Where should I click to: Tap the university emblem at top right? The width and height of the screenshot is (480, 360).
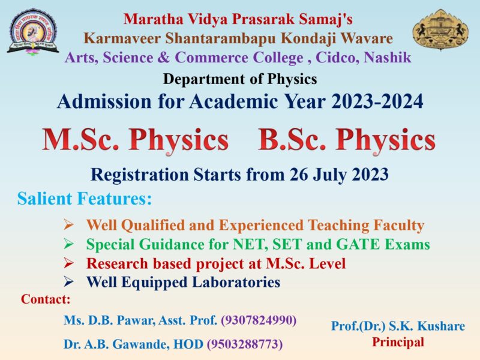[441, 29]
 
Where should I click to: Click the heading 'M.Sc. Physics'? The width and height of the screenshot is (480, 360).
[135, 140]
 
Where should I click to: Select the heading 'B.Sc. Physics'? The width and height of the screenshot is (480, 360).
[346, 140]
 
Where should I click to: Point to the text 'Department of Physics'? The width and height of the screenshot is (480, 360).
[240, 79]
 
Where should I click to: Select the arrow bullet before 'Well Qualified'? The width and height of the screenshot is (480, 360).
[69, 226]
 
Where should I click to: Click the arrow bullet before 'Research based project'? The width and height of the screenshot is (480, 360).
[69, 263]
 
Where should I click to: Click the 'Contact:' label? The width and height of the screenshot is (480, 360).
[46, 299]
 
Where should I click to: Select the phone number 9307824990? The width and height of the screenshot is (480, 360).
[259, 320]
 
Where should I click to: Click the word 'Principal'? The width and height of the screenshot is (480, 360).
[398, 342]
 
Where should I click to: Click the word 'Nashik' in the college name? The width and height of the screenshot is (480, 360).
[389, 58]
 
